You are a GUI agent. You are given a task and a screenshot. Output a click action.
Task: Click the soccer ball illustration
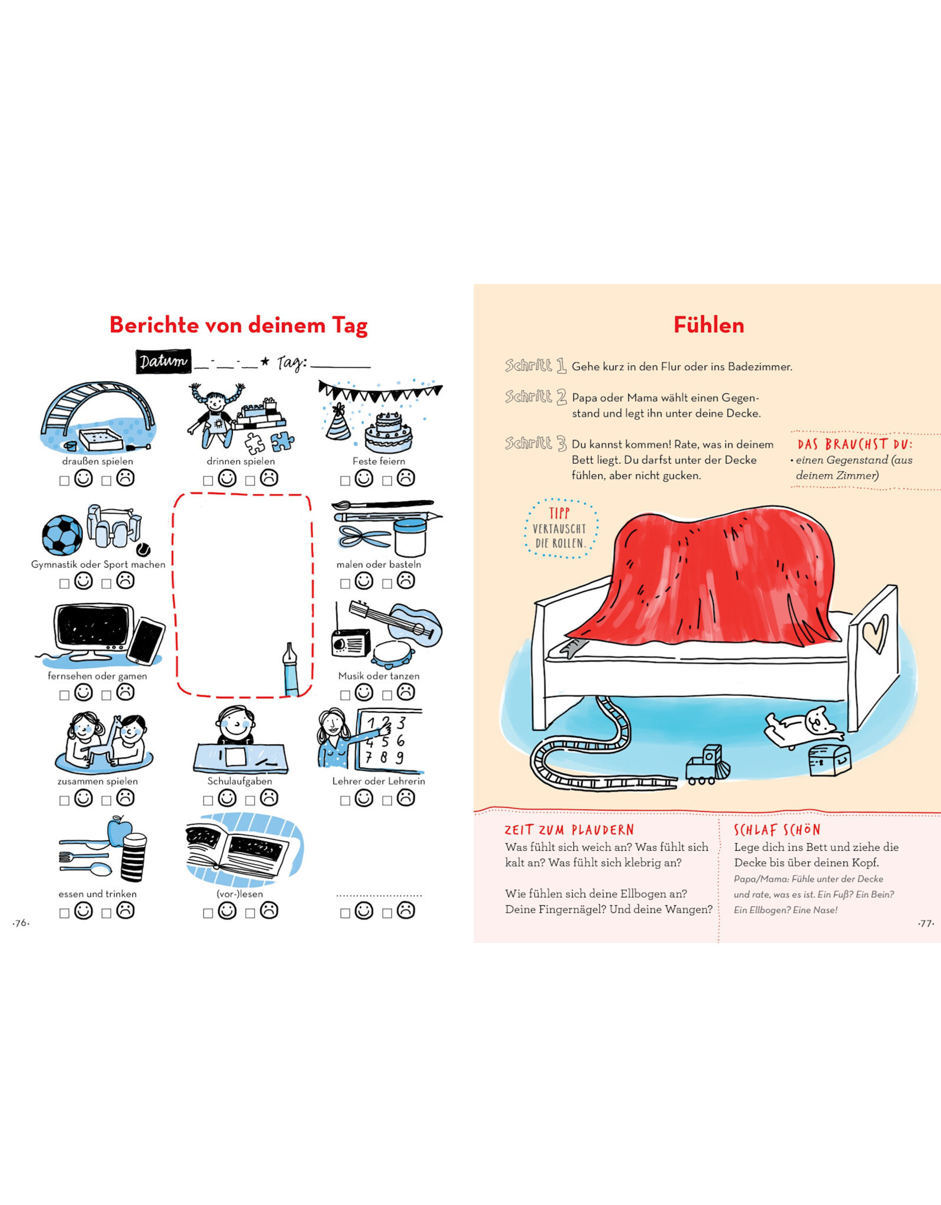62,535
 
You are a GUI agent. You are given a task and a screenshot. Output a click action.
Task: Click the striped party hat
338,422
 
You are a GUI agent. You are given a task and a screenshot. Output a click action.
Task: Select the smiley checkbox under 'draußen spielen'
64,481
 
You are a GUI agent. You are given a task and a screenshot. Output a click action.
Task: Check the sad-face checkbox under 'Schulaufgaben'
250,800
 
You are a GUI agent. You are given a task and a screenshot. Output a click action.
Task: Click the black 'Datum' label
163,361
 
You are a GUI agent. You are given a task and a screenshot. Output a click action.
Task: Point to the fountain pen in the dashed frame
291,670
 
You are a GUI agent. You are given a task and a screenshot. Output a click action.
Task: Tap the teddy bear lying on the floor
803,727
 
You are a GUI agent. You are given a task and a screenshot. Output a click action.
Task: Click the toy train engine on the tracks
708,765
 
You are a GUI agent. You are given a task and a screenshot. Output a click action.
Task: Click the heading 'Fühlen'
709,325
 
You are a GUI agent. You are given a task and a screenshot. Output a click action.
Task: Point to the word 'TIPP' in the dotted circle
559,513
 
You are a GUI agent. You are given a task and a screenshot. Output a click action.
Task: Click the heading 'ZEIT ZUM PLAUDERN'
569,830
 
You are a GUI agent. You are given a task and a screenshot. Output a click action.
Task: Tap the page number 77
926,923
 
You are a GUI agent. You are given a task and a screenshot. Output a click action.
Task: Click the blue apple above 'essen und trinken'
120,831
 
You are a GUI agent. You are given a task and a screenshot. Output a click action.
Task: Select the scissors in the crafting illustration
365,537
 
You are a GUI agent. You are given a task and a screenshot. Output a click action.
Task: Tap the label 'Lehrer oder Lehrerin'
379,781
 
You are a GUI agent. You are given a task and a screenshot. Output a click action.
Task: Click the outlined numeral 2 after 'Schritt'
561,397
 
